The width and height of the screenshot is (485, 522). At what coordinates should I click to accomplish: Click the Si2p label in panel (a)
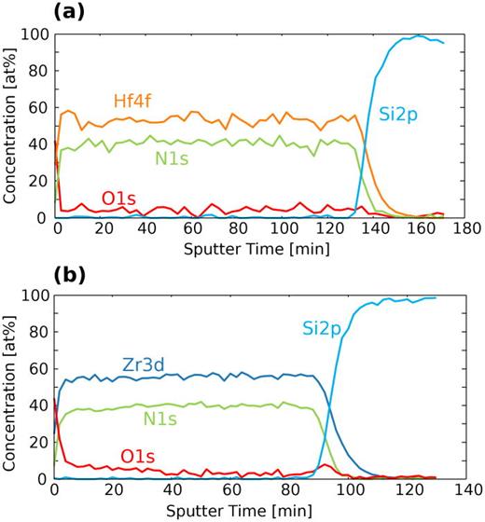[x=398, y=115]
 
